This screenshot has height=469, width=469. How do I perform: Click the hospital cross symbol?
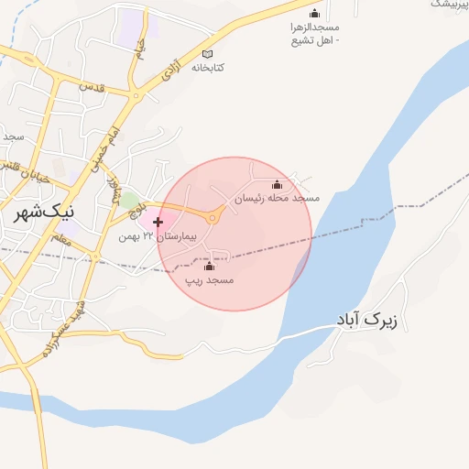[158, 222]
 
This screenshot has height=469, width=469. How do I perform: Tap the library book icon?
[209, 54]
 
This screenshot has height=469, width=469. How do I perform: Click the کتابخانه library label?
[209, 68]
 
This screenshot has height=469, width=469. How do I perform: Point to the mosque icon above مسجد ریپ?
[209, 266]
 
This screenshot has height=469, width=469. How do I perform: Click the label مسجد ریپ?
[210, 278]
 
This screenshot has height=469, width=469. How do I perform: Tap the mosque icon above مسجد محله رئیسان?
[278, 185]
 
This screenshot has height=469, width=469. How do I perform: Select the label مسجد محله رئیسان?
[277, 199]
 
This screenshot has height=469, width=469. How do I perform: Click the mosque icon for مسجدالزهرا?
[315, 14]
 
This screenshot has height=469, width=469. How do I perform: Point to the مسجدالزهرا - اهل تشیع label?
[315, 35]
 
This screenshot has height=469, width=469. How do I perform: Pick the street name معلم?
[62, 240]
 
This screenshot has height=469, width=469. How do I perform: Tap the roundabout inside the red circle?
[214, 217]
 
